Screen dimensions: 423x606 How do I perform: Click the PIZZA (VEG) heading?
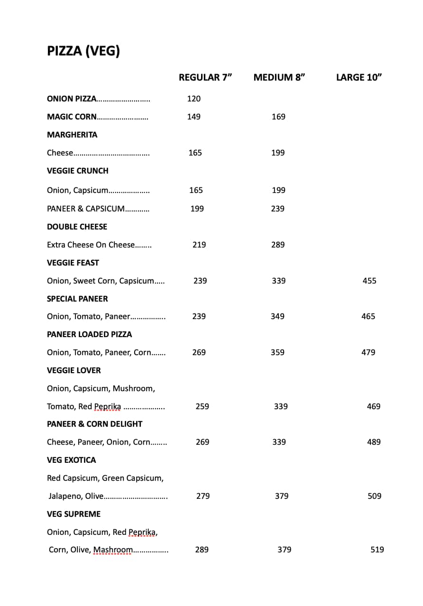pos(83,51)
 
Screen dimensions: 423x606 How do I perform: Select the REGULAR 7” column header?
pos(205,77)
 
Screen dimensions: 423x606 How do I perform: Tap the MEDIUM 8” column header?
pos(279,77)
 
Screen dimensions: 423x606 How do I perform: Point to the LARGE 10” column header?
pos(359,77)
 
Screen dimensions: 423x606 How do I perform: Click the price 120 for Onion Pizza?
pos(194,99)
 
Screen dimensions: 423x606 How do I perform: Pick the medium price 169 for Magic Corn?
pos(278,117)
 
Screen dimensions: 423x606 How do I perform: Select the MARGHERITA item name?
pos(72,135)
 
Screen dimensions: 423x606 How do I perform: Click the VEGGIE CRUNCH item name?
pos(78,171)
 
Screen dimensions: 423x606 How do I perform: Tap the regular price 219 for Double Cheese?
pos(199,245)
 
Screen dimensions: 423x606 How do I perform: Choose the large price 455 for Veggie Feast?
pos(369,281)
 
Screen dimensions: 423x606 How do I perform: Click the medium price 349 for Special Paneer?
pos(277,316)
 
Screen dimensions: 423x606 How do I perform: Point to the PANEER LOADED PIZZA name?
pos(90,334)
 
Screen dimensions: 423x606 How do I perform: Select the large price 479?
pos(368,352)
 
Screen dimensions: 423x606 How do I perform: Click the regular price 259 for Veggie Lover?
pos(202,406)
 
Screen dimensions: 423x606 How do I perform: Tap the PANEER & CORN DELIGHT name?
pos(95,424)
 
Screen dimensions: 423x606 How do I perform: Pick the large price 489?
pos(374,442)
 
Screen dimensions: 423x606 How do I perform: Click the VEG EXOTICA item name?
pos(72,460)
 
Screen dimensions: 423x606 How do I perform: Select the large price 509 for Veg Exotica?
pos(375,496)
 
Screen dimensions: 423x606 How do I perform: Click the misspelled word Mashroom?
pos(113,550)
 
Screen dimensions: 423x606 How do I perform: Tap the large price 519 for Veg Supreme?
pos(377,550)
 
